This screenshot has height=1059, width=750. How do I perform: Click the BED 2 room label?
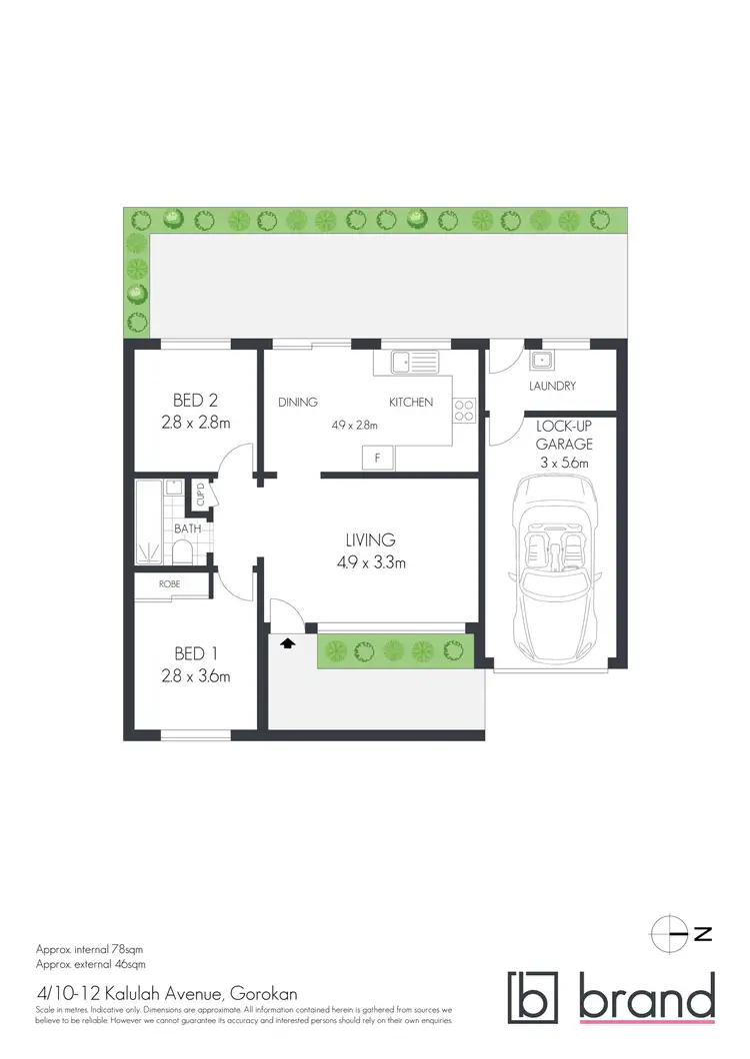pos(195,401)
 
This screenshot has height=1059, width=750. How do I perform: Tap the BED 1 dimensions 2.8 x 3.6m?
pos(195,676)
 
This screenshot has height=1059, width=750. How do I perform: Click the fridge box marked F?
pos(377,459)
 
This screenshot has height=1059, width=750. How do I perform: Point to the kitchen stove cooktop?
pos(464,409)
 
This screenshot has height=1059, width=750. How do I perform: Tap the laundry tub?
pos(545,360)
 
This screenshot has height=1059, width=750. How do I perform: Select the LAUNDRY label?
pos(552,386)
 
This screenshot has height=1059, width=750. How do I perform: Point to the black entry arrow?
pos(288,643)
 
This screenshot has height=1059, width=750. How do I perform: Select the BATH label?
pos(187,528)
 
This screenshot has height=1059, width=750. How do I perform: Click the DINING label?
pos(298,403)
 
